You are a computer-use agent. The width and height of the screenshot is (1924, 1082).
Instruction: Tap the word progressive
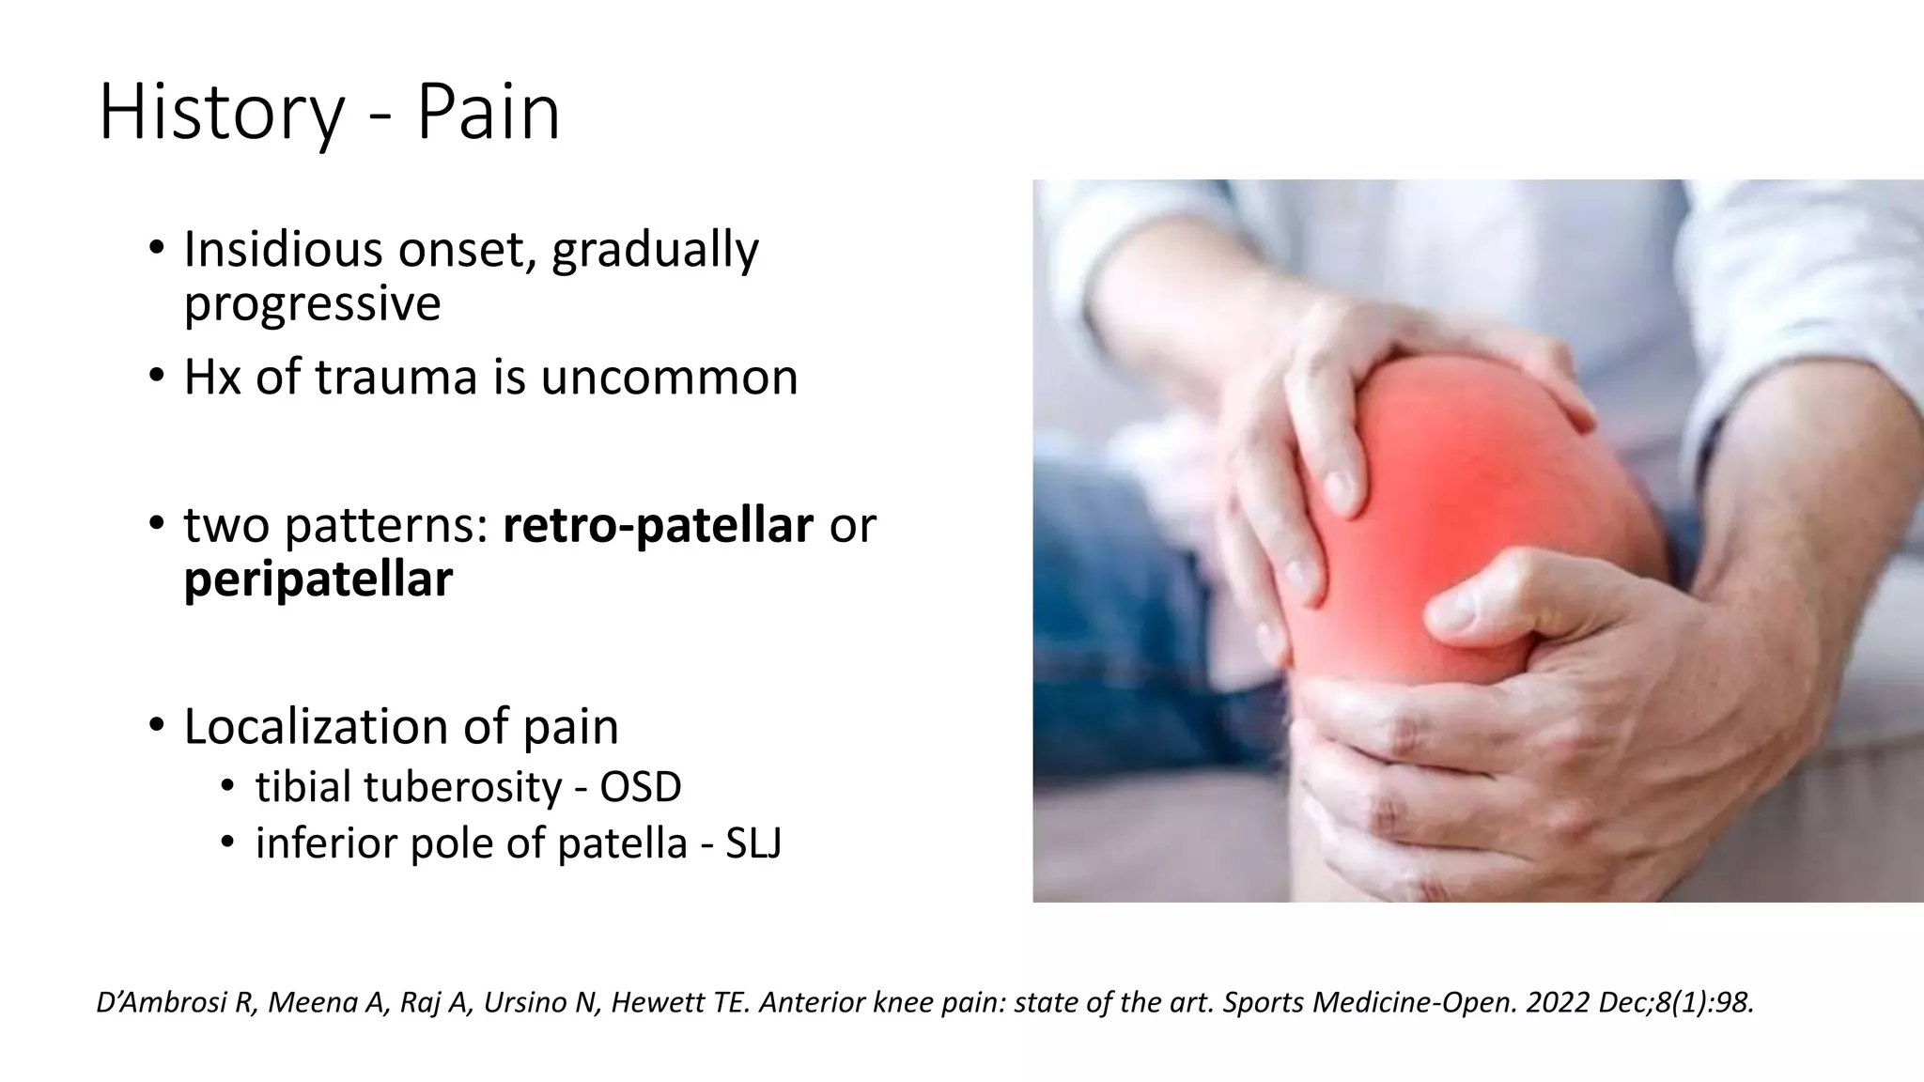click(312, 303)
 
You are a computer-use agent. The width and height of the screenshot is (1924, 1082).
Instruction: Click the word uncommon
click(668, 377)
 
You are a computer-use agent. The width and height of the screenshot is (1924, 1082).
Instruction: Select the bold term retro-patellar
click(658, 525)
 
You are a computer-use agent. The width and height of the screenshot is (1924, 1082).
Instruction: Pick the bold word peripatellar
click(318, 580)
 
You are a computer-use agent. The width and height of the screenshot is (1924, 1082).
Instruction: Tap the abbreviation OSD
click(640, 787)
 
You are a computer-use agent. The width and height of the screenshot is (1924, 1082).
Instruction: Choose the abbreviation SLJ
click(753, 842)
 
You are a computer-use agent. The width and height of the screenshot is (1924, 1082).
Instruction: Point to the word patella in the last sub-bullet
click(622, 842)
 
